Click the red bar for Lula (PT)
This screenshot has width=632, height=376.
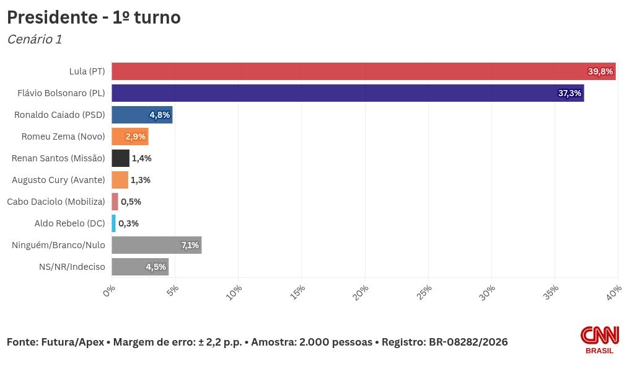(x=347, y=71)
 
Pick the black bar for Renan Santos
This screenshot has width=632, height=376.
(x=120, y=158)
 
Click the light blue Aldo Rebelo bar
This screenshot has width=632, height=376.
(x=114, y=223)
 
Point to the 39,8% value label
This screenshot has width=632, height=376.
(x=600, y=71)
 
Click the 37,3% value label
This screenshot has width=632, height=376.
(x=569, y=93)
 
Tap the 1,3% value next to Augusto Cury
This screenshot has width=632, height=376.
(x=141, y=180)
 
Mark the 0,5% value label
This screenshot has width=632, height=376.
(x=131, y=202)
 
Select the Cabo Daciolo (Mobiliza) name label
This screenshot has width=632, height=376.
(x=56, y=202)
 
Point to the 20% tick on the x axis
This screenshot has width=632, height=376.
(x=362, y=291)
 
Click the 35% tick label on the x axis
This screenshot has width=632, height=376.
(x=551, y=291)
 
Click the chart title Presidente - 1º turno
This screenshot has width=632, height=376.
(x=94, y=17)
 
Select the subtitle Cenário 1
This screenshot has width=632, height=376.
(x=35, y=39)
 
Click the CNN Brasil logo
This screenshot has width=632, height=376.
(x=599, y=340)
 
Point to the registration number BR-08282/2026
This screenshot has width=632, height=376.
(x=468, y=342)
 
